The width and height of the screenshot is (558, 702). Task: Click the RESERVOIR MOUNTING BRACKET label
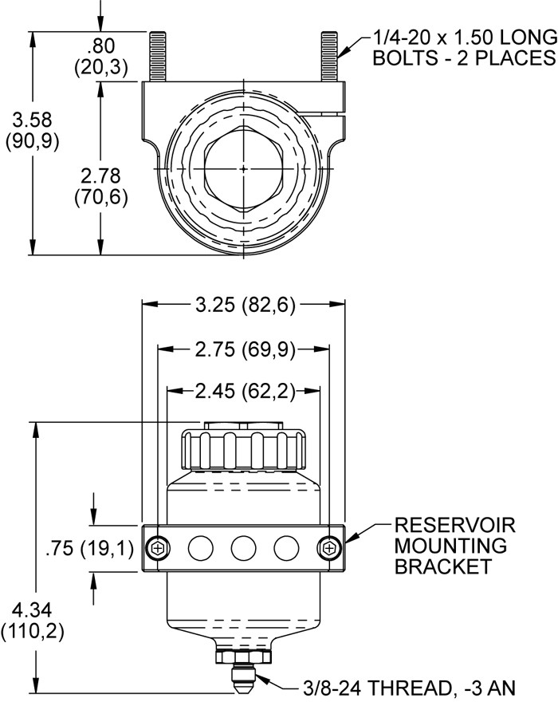click(455, 546)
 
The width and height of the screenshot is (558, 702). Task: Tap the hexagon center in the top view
click(242, 169)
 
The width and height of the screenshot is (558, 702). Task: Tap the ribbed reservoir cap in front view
click(244, 452)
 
